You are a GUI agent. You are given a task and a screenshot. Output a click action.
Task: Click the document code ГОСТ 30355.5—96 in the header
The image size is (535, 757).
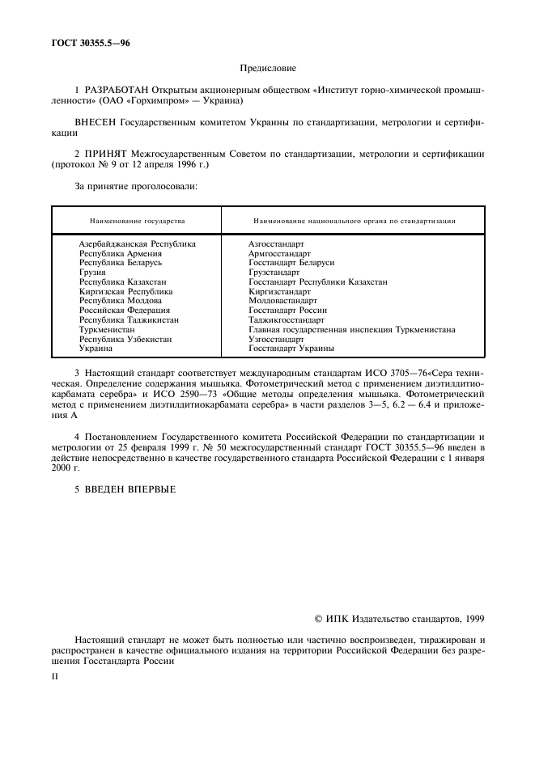(x=81, y=43)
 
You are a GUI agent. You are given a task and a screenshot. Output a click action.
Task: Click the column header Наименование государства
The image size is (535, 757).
(x=137, y=220)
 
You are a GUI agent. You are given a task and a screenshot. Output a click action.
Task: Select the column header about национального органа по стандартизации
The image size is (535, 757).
(x=353, y=220)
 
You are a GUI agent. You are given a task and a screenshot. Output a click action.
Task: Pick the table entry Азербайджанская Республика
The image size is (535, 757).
(x=137, y=243)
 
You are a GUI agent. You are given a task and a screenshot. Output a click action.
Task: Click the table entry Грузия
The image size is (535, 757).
(x=93, y=273)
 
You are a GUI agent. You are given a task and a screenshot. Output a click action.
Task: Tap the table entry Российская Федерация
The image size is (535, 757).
(x=124, y=310)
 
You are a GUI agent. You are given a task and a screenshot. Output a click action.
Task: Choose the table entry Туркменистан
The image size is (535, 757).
(x=107, y=330)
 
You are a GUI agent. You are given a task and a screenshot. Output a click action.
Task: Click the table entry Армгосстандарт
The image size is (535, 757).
(x=278, y=253)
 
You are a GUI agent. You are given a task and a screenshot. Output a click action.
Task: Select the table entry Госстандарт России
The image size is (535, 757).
(x=287, y=310)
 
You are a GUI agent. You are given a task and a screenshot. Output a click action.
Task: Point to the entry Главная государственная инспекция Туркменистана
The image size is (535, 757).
(x=351, y=330)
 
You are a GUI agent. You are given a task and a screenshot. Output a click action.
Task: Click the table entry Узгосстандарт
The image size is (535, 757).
(x=276, y=340)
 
